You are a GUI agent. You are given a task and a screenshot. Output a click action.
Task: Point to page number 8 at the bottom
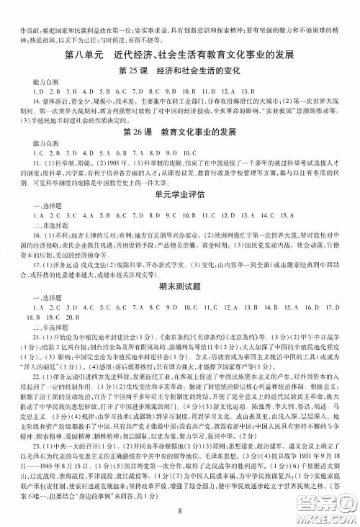click(x=179, y=512)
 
